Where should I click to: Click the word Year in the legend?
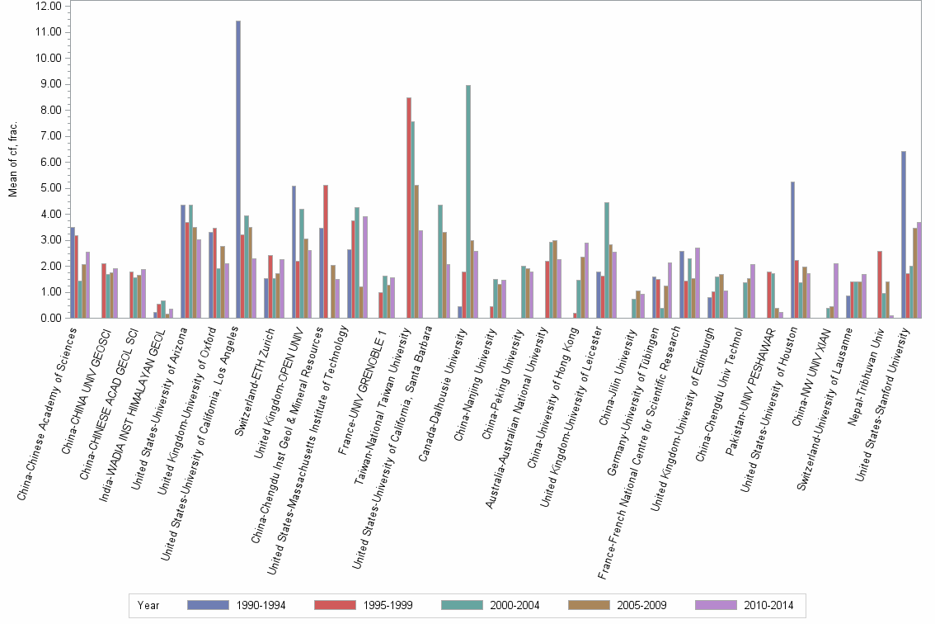tap(148, 605)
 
